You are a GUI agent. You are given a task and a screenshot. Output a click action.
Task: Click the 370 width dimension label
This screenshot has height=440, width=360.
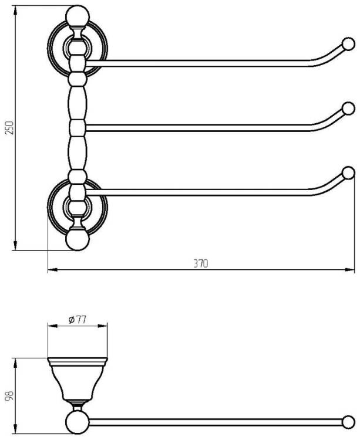pyautogui.click(x=201, y=263)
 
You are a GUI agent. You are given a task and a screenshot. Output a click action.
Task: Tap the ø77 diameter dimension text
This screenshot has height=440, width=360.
pyautogui.click(x=77, y=319)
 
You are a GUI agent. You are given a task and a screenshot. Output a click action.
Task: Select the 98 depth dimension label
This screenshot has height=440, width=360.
pyautogui.click(x=9, y=396)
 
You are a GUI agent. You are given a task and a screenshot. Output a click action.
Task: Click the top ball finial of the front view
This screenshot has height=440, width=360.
pyautogui.click(x=77, y=16)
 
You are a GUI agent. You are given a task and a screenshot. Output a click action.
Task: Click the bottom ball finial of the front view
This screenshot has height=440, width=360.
pyautogui.click(x=77, y=240)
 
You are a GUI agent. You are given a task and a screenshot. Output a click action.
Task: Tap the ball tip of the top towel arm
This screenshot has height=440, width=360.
pyautogui.click(x=348, y=44)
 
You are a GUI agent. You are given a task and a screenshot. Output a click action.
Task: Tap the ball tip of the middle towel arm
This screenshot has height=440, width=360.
pyautogui.click(x=348, y=109)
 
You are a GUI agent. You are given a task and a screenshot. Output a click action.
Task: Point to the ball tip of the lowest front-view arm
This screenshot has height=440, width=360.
pyautogui.click(x=348, y=173)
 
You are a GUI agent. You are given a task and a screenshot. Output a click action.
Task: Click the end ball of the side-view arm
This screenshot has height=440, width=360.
pyautogui.click(x=348, y=422)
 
